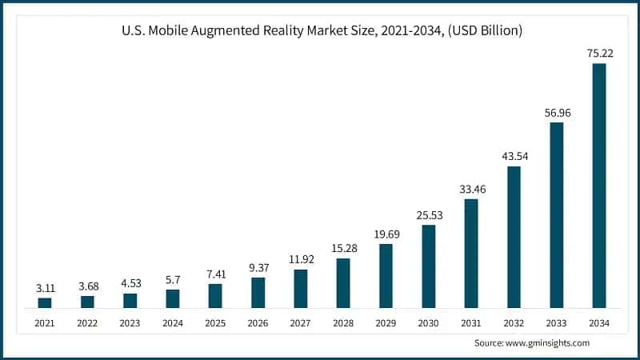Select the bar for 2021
coord(45,302)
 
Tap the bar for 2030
coord(429,266)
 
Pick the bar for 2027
coord(301,288)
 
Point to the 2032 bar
coord(514,237)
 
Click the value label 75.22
coord(598,52)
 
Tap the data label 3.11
coord(45,286)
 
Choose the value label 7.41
coord(215,273)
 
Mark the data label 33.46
coord(471,189)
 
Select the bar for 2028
coord(343,282)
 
